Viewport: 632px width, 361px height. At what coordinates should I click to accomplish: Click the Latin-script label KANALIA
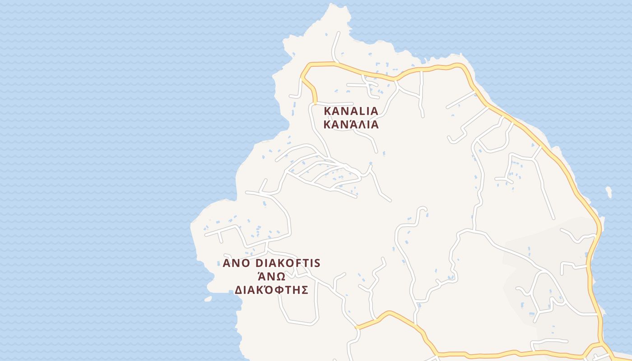pyautogui.click(x=351, y=111)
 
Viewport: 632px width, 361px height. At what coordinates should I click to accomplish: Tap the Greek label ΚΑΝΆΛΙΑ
pyautogui.click(x=351, y=125)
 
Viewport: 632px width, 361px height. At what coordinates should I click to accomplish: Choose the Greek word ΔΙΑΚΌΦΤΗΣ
pyautogui.click(x=271, y=290)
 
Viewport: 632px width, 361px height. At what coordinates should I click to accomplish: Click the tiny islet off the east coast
pyautogui.click(x=609, y=192)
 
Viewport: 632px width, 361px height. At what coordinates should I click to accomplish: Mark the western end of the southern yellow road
pyautogui.click(x=357, y=327)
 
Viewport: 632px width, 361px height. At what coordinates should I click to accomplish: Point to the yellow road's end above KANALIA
pyautogui.click(x=315, y=103)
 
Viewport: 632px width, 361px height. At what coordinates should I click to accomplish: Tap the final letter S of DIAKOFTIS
pyautogui.click(x=317, y=263)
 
